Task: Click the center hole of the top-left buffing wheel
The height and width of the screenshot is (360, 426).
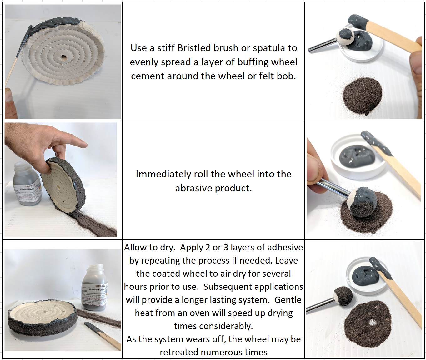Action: (64, 58)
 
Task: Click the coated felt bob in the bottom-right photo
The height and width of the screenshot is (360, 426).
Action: (343, 295)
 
